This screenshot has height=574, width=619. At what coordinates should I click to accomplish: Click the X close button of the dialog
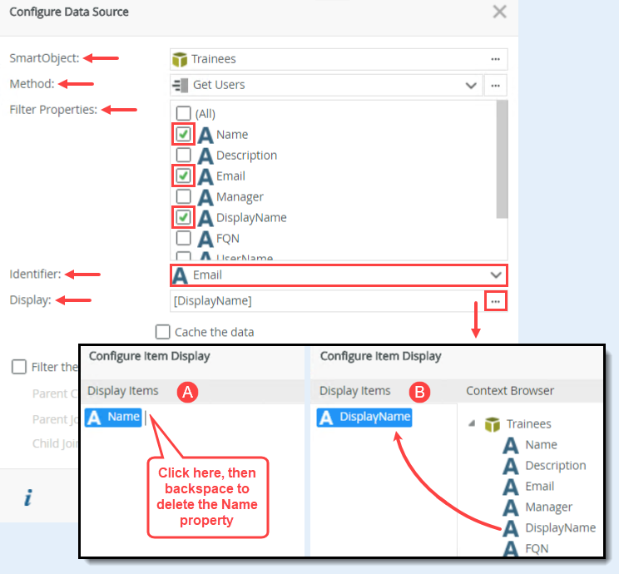pos(499,12)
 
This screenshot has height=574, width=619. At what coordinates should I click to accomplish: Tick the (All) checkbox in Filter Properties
pos(183,114)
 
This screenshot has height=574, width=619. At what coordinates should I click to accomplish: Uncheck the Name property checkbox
pos(183,135)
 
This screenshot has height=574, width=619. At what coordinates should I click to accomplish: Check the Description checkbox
pos(183,156)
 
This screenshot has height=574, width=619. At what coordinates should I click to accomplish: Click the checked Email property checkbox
pos(183,176)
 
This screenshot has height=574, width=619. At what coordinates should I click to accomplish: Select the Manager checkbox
pos(183,197)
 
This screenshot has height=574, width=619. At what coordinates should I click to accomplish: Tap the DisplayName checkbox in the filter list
pos(183,218)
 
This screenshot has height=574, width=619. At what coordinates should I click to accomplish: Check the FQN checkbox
pos(183,239)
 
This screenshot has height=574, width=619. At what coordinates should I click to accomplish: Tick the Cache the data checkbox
pos(163,332)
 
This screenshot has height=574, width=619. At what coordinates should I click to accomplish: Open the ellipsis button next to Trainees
pos(495,59)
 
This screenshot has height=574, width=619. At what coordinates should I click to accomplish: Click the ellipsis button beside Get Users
pos(495,85)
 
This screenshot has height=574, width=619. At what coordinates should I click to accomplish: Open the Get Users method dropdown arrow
pos(471,85)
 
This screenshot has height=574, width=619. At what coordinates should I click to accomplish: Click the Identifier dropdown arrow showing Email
pos(496,275)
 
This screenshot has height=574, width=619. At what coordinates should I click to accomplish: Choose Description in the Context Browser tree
pos(555,466)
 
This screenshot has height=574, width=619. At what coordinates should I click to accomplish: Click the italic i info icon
pos(28,498)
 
